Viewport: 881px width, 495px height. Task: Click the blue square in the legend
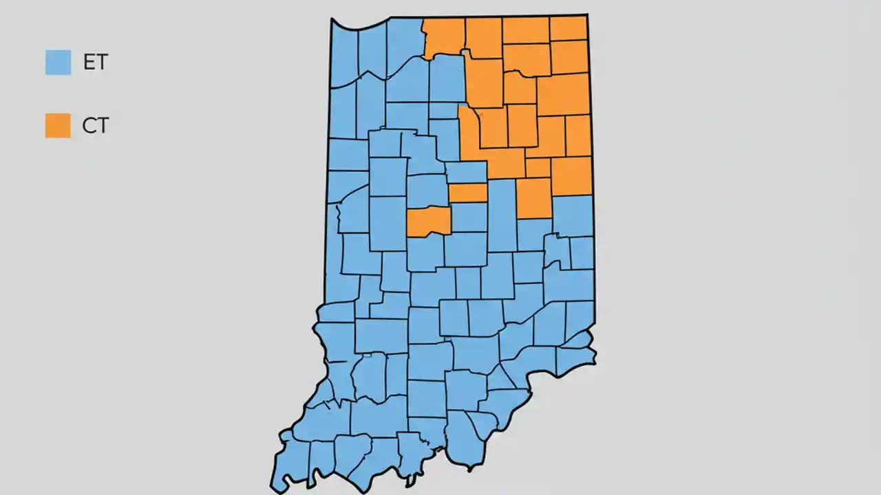(58, 62)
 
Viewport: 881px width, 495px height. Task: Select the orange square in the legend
(58, 125)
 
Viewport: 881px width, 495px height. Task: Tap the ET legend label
(95, 62)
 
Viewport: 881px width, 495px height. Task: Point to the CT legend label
(95, 126)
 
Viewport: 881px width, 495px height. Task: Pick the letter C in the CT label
(89, 126)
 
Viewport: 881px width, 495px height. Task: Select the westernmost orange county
(428, 221)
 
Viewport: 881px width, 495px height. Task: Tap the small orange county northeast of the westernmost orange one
(468, 192)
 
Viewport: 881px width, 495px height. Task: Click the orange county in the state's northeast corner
(568, 28)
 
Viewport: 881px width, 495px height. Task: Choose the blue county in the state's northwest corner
(344, 55)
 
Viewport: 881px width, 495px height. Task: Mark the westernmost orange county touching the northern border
(444, 36)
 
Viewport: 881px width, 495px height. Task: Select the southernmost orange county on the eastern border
(572, 175)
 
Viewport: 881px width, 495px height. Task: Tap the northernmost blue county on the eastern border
(573, 214)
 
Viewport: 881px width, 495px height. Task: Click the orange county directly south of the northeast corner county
(569, 57)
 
